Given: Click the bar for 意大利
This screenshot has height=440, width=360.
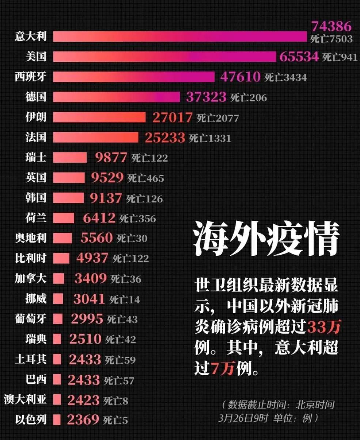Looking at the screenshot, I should click(x=180, y=37).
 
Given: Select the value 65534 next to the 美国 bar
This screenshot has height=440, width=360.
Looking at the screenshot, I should click(x=299, y=57).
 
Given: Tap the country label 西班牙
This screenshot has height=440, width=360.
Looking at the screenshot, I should click(x=31, y=77).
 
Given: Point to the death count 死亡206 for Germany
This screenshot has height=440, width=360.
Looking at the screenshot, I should click(x=249, y=98).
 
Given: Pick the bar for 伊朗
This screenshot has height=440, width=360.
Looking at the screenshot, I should click(x=99, y=117).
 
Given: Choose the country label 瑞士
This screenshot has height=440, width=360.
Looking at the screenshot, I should click(x=36, y=158).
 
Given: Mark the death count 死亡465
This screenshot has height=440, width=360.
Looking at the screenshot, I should click(x=145, y=178).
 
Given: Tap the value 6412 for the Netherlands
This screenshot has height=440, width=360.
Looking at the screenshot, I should click(x=99, y=219).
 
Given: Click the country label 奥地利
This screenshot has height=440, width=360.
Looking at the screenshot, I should click(x=31, y=238).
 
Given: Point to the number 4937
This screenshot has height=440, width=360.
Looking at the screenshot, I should click(x=92, y=258).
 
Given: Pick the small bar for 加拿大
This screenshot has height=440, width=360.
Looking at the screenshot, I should click(x=58, y=278).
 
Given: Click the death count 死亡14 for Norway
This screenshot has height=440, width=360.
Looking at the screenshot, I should click(x=124, y=300).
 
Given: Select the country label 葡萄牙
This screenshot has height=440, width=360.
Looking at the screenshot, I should click(x=31, y=319).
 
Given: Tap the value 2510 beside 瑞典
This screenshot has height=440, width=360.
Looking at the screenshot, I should click(x=85, y=339).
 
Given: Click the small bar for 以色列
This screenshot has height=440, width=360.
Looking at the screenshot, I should click(x=57, y=419).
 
